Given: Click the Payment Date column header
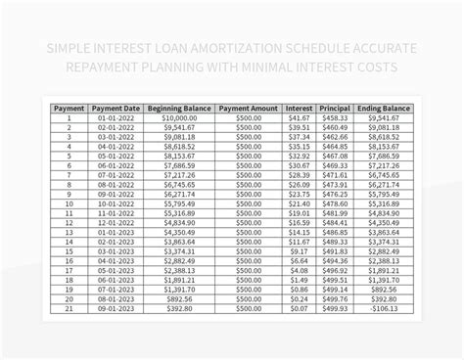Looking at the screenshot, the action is click(116, 109).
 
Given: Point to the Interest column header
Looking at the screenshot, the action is click(299, 109).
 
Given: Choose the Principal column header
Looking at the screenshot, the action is click(335, 109).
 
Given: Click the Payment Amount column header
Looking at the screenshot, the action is click(249, 109).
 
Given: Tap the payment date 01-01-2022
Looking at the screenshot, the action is click(116, 118).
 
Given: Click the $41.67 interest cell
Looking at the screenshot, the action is click(299, 118).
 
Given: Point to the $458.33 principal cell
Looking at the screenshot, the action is click(335, 118).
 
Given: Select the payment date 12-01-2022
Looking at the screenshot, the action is click(116, 223).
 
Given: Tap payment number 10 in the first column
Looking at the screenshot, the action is click(69, 203).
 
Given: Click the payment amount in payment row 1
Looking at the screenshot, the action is click(249, 118).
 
